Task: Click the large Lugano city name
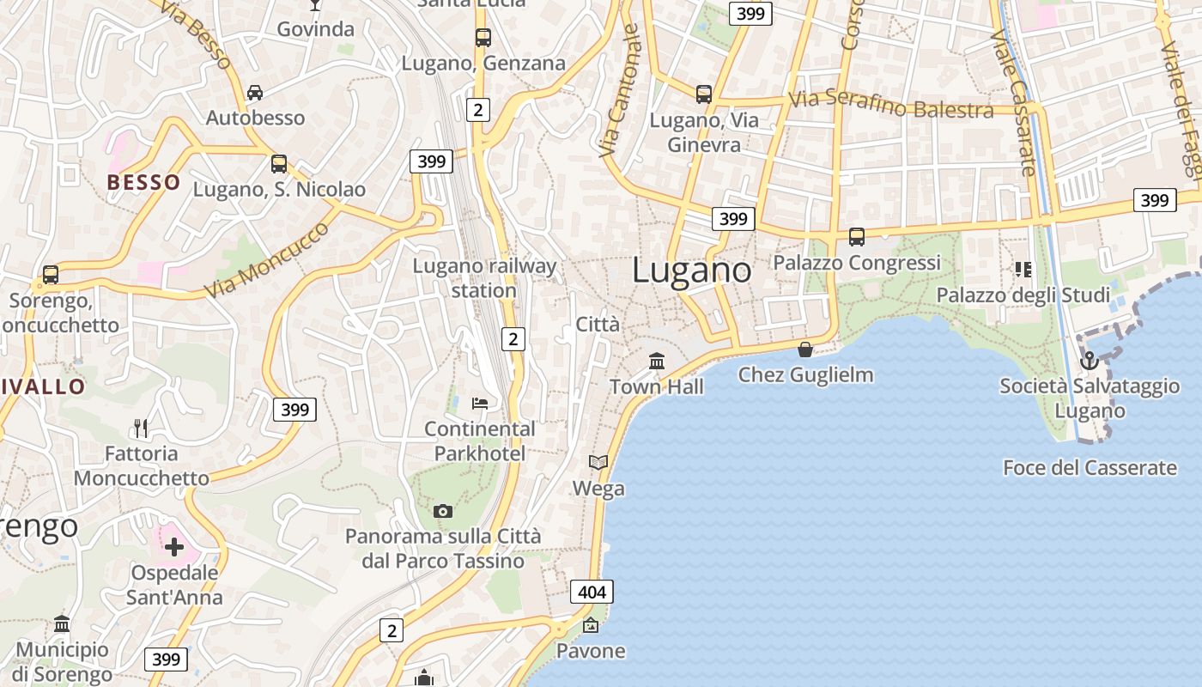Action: click(691, 271)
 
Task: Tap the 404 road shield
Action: click(592, 592)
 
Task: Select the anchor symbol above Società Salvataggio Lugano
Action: click(1089, 361)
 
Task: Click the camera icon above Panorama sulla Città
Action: click(443, 512)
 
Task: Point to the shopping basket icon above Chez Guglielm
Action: click(805, 350)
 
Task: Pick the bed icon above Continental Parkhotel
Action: click(480, 403)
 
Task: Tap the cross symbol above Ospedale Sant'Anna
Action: click(174, 546)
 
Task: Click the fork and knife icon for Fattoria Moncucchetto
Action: click(141, 428)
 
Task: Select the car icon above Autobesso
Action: click(255, 93)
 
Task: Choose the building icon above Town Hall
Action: click(657, 362)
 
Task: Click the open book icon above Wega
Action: click(598, 463)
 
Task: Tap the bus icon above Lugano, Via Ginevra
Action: click(704, 94)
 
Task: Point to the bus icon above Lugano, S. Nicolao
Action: click(279, 164)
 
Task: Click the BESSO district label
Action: click(143, 182)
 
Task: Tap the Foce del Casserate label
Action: click(1090, 468)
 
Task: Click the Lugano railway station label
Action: click(484, 278)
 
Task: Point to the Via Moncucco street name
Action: click(266, 259)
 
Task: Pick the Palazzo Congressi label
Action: click(857, 263)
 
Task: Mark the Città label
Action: click(597, 325)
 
